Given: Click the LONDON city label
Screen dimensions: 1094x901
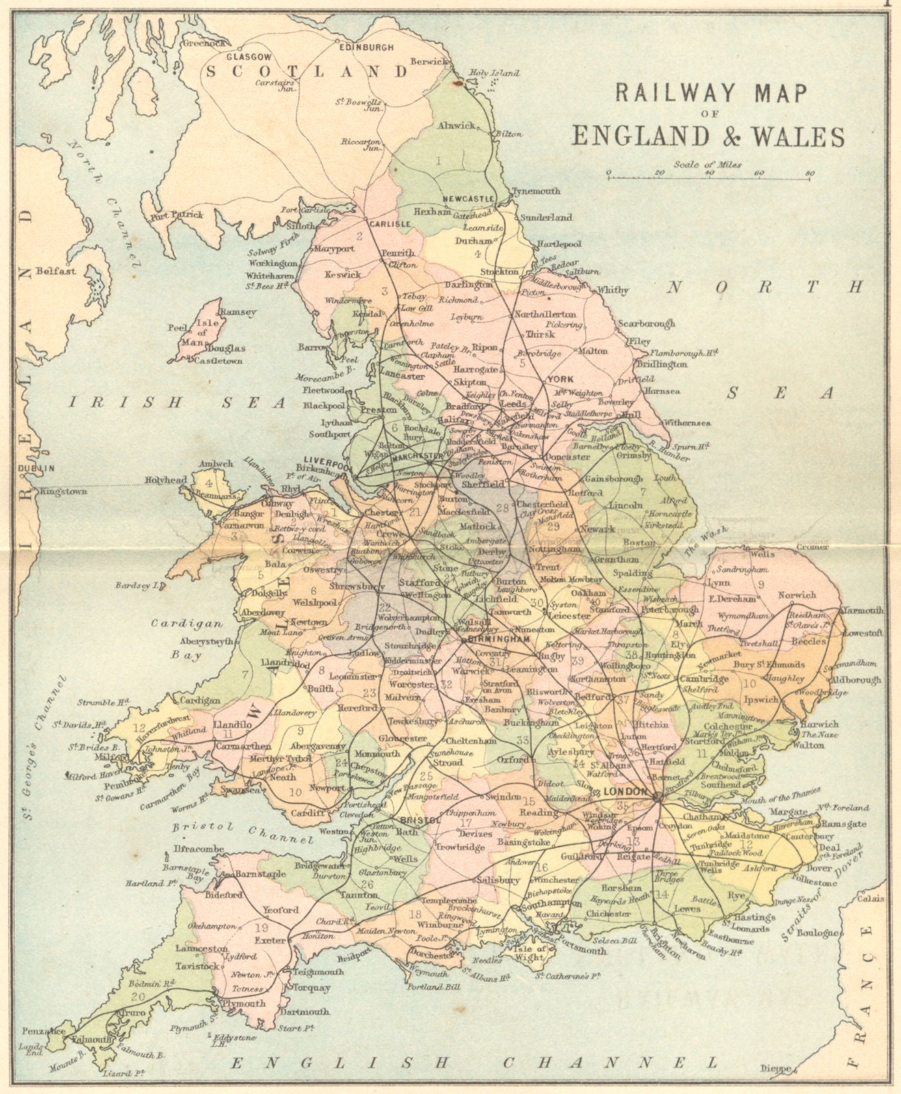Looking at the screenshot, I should pyautogui.click(x=624, y=791).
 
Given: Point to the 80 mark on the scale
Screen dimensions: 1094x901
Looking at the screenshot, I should pyautogui.click(x=809, y=173).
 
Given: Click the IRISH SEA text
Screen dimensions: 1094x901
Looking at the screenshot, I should pyautogui.click(x=177, y=403).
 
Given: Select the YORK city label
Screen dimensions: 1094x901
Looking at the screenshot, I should pyautogui.click(x=559, y=379).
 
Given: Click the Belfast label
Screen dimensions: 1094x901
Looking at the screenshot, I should pyautogui.click(x=56, y=271).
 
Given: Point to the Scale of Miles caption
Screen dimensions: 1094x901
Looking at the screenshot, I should pyautogui.click(x=707, y=164).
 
